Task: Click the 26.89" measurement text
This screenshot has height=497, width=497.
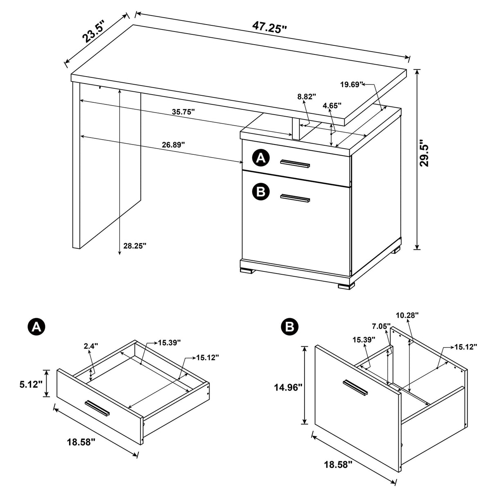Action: [173, 144]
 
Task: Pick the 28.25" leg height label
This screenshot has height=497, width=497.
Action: [134, 246]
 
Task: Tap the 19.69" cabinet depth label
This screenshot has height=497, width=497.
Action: [352, 85]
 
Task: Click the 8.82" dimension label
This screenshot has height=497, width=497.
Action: [307, 97]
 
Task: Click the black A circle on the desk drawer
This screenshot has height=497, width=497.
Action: [261, 158]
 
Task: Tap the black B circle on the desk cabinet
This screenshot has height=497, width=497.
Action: [261, 191]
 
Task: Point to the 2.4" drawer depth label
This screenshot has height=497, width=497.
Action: [91, 346]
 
